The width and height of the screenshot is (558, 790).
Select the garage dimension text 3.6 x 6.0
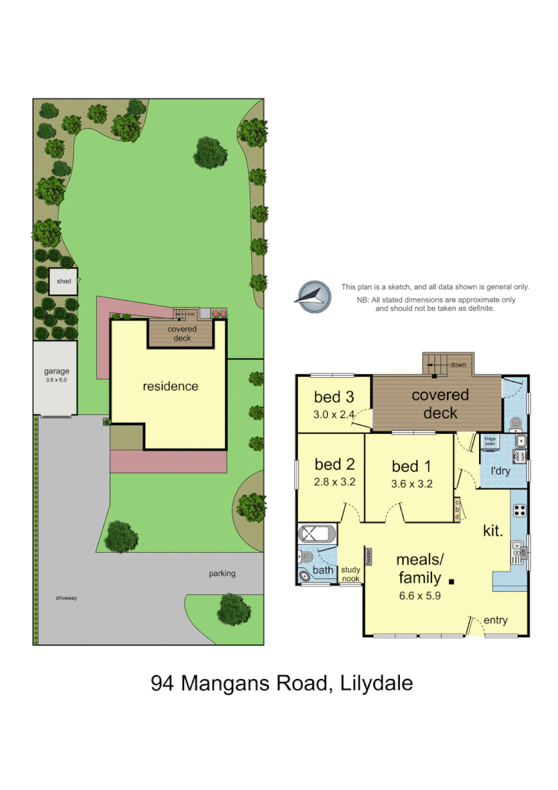tap(56, 380)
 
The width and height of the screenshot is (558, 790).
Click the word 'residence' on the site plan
tap(171, 386)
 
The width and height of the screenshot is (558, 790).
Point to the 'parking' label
tap(222, 573)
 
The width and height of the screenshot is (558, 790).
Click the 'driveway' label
tap(66, 598)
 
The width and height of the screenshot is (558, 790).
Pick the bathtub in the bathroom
tap(317, 534)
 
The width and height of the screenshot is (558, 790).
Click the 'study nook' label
tap(350, 574)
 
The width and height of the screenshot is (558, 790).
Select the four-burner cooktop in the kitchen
tap(519, 511)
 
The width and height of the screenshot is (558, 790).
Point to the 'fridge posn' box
tap(489, 440)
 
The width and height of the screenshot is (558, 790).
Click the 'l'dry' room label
tap(500, 471)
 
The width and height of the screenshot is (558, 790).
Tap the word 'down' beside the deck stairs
tap(458, 364)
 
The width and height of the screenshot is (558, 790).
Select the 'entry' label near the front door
tap(495, 620)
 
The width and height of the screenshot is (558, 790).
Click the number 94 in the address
tap(164, 683)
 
